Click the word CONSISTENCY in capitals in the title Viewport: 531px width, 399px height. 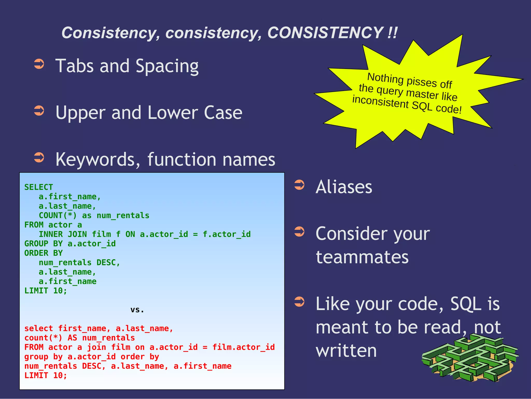pos(325,33)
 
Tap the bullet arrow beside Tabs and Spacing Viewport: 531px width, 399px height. pos(39,64)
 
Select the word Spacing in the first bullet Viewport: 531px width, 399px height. pos(167,66)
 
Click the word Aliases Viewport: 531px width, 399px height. pos(344,187)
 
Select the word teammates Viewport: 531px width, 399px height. pos(362,257)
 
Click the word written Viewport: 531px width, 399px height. pos(346,351)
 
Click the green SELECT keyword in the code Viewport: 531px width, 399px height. pos(39,187)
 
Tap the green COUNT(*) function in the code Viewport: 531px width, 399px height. pos(58,215)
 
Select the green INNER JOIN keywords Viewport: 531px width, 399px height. pos(63,234)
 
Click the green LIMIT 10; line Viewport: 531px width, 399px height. pos(46,291)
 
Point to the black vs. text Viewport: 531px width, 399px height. pos(137,310)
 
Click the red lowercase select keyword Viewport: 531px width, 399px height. pos(39,328)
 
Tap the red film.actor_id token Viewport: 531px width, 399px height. pos(243,347)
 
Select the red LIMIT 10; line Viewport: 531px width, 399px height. pos(46,375)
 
